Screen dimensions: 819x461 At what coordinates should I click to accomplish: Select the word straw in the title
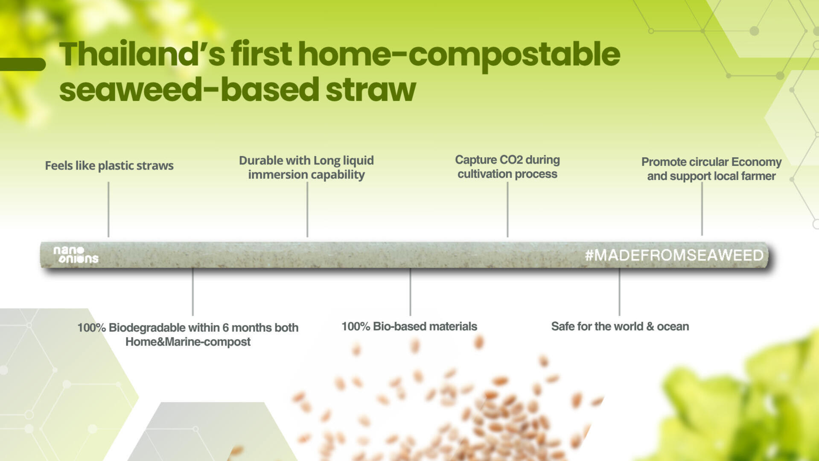(370, 90)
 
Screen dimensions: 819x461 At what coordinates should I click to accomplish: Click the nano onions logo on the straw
(76, 255)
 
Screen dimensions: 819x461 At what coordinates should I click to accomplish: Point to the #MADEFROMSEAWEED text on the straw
(674, 255)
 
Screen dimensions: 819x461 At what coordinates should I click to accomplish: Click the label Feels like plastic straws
(109, 166)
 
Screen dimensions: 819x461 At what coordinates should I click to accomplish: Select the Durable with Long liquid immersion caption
(306, 167)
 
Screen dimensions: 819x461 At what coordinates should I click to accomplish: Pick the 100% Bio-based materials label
(409, 326)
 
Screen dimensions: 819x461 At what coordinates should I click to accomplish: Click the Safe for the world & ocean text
(620, 326)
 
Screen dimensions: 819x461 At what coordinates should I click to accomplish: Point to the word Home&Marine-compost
(188, 342)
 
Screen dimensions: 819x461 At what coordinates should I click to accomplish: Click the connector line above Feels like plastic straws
(108, 209)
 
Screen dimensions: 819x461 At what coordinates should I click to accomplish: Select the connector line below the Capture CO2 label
(507, 209)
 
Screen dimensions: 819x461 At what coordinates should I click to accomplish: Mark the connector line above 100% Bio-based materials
(410, 292)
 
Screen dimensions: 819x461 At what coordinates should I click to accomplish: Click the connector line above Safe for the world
(619, 292)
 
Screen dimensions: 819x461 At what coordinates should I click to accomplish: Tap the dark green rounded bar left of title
(22, 64)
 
